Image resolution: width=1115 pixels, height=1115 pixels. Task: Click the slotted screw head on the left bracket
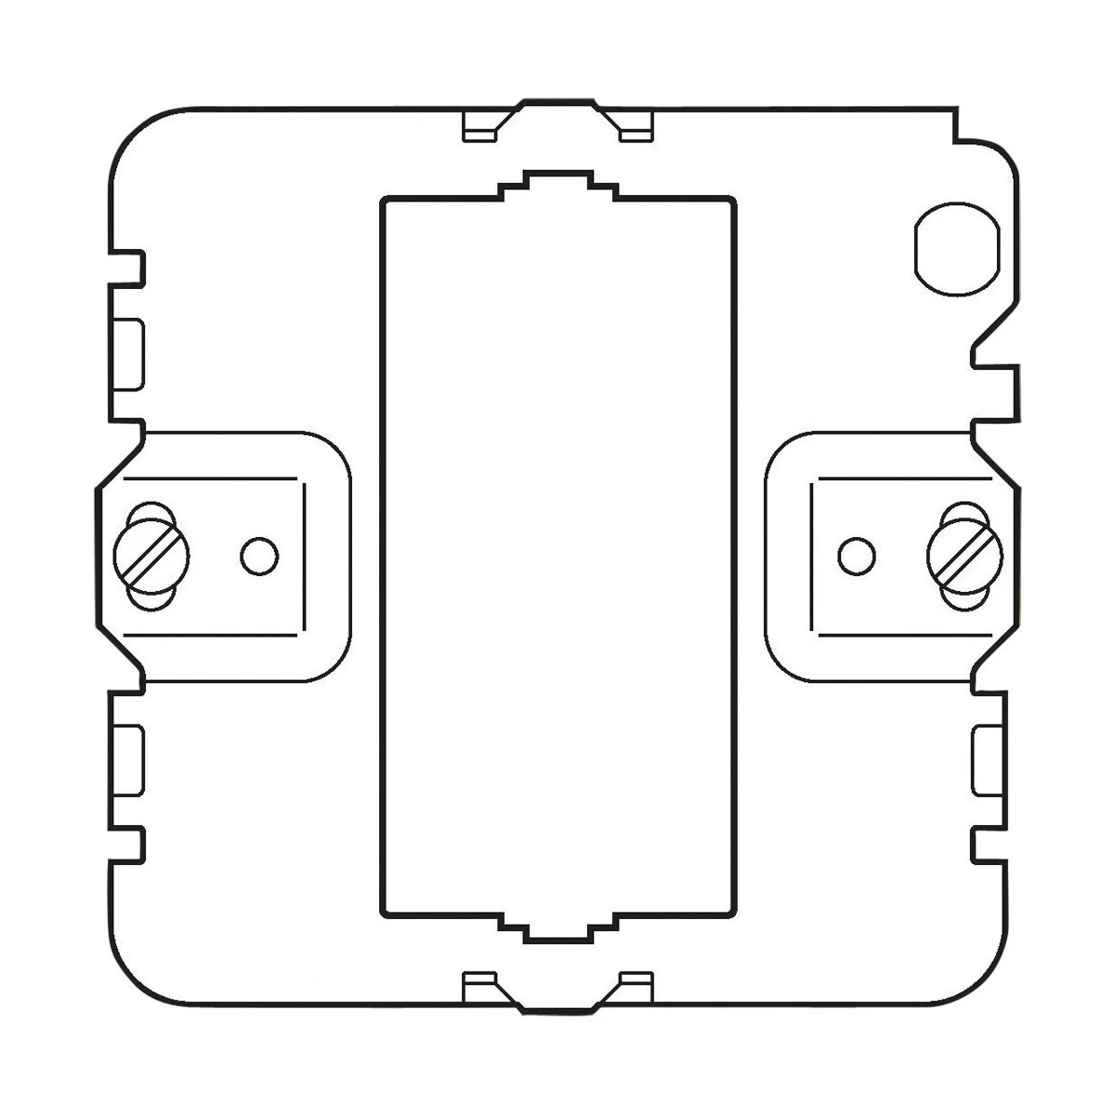click(x=151, y=556)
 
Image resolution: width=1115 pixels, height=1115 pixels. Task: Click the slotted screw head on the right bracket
click(x=964, y=556)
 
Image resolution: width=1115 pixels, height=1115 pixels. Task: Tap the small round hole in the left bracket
click(x=259, y=556)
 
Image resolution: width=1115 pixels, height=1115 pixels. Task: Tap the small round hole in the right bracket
click(x=856, y=556)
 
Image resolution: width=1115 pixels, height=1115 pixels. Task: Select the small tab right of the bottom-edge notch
click(x=636, y=984)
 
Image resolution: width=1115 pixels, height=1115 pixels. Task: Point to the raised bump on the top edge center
click(x=557, y=102)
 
